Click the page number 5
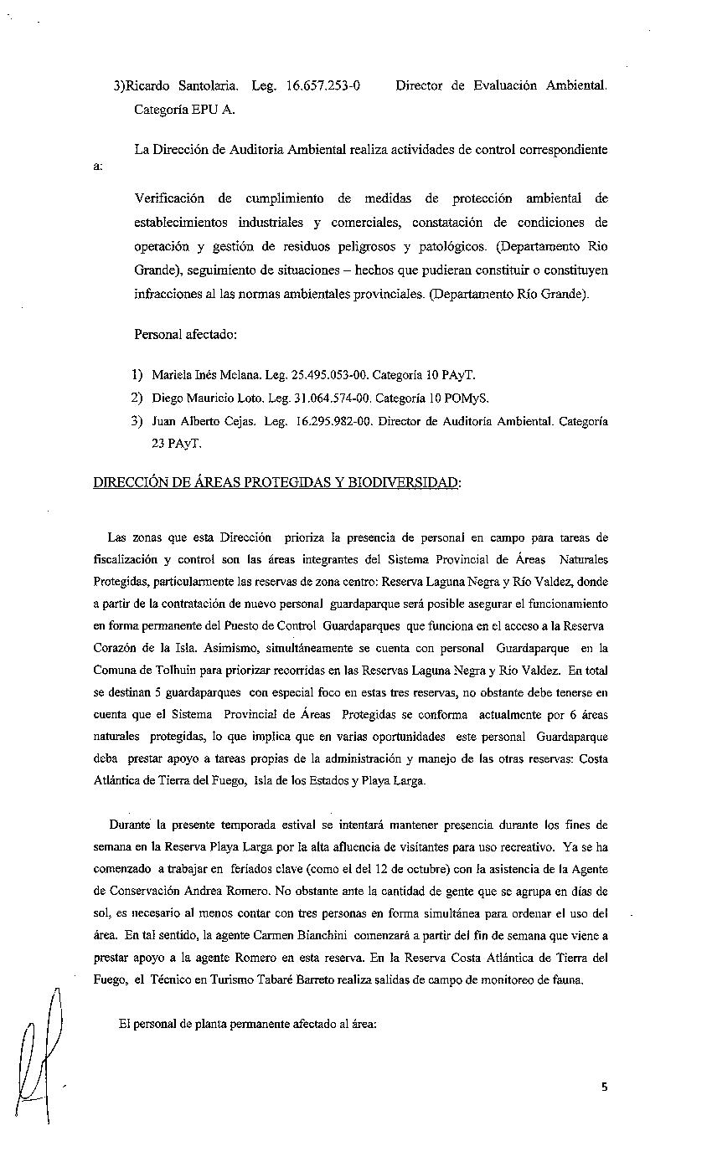(x=604, y=1087)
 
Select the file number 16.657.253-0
(x=323, y=85)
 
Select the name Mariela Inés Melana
(x=204, y=375)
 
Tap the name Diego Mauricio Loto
(x=204, y=398)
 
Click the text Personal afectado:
(x=185, y=335)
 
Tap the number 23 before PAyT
(x=158, y=444)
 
